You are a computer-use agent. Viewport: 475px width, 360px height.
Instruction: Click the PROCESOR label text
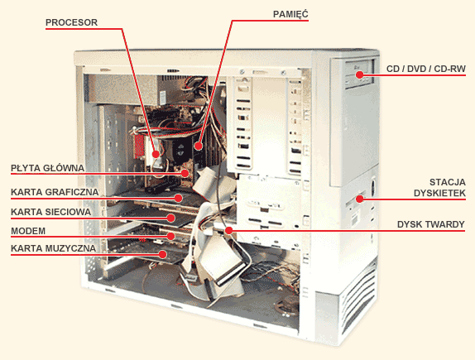coord(71,22)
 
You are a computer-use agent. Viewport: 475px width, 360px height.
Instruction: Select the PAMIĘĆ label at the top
coord(290,14)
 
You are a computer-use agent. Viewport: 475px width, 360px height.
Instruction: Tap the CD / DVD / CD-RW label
coord(426,69)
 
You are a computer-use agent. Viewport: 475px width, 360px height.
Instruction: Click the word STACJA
coord(448,182)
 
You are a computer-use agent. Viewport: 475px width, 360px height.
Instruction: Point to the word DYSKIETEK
coord(439,193)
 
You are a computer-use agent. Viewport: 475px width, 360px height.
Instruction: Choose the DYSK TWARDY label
coord(431,224)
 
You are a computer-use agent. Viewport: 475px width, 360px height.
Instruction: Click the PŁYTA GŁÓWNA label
coord(47,167)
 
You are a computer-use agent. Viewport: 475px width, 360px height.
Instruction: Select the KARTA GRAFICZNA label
coord(55,192)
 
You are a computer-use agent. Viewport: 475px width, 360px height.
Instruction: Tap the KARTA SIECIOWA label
coord(51,212)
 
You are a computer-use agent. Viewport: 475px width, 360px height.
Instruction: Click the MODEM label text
coord(28,231)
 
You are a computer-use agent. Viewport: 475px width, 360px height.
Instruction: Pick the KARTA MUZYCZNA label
coord(53,248)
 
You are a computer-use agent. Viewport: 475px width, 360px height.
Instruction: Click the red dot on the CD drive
coord(359,74)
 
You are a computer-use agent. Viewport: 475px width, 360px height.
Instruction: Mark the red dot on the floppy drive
coord(359,199)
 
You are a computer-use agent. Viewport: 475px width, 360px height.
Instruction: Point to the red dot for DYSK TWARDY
coord(228,230)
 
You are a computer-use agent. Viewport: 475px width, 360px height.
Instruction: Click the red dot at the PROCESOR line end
coord(156,154)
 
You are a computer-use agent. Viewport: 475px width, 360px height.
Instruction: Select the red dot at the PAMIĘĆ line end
coord(198,146)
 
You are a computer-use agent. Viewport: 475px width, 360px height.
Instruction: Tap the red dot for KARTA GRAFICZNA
coord(178,198)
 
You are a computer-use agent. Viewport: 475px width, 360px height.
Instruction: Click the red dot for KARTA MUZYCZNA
coord(163,254)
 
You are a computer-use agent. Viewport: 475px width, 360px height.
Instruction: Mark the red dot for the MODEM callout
coord(170,236)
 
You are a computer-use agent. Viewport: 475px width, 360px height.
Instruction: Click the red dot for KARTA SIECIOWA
coord(170,218)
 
